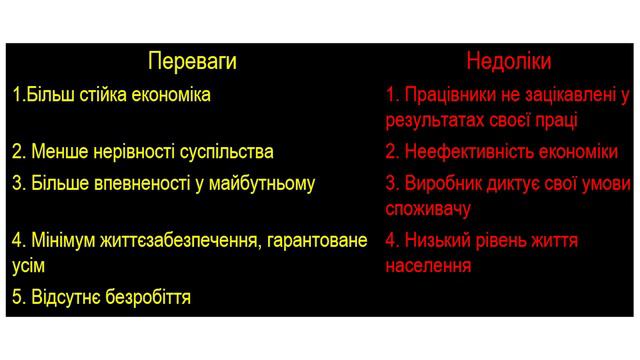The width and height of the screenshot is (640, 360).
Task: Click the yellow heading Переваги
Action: tap(192, 62)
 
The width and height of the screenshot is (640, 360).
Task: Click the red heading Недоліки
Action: tap(508, 62)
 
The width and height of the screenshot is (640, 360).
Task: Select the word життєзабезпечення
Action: tap(176, 240)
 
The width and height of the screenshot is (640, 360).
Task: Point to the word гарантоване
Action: tap(310, 240)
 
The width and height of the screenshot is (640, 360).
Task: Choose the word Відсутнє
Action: tap(60, 297)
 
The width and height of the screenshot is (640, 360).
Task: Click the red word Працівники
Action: tap(453, 96)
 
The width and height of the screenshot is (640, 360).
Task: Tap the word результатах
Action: tap(431, 120)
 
